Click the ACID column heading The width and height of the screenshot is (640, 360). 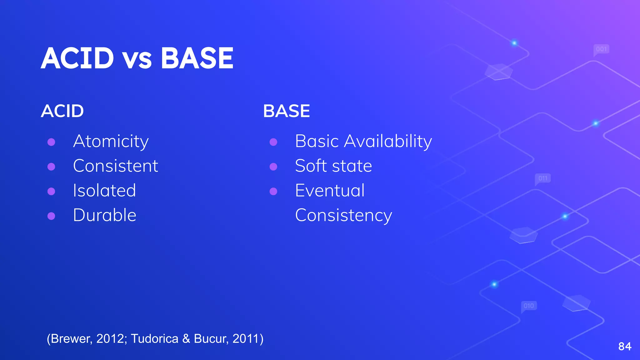[62, 111]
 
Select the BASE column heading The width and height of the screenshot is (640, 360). [286, 111]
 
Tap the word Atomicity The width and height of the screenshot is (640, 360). [111, 142]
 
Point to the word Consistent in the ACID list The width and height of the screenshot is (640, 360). [115, 166]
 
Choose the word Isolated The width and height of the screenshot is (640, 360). [104, 191]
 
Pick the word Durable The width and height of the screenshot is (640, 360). [104, 215]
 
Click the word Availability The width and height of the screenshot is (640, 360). [388, 142]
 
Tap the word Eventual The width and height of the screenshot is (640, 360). [330, 191]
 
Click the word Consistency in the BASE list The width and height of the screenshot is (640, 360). [343, 216]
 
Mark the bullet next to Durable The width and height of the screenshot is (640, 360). [51, 216]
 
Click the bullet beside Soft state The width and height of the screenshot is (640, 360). [273, 167]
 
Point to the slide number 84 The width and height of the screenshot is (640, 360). [625, 346]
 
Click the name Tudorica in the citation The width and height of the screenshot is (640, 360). [154, 339]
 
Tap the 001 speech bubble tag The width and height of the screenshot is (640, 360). [601, 49]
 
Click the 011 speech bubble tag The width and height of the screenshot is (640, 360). [543, 178]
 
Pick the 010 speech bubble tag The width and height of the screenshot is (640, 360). [529, 306]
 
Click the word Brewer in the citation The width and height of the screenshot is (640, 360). [71, 339]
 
